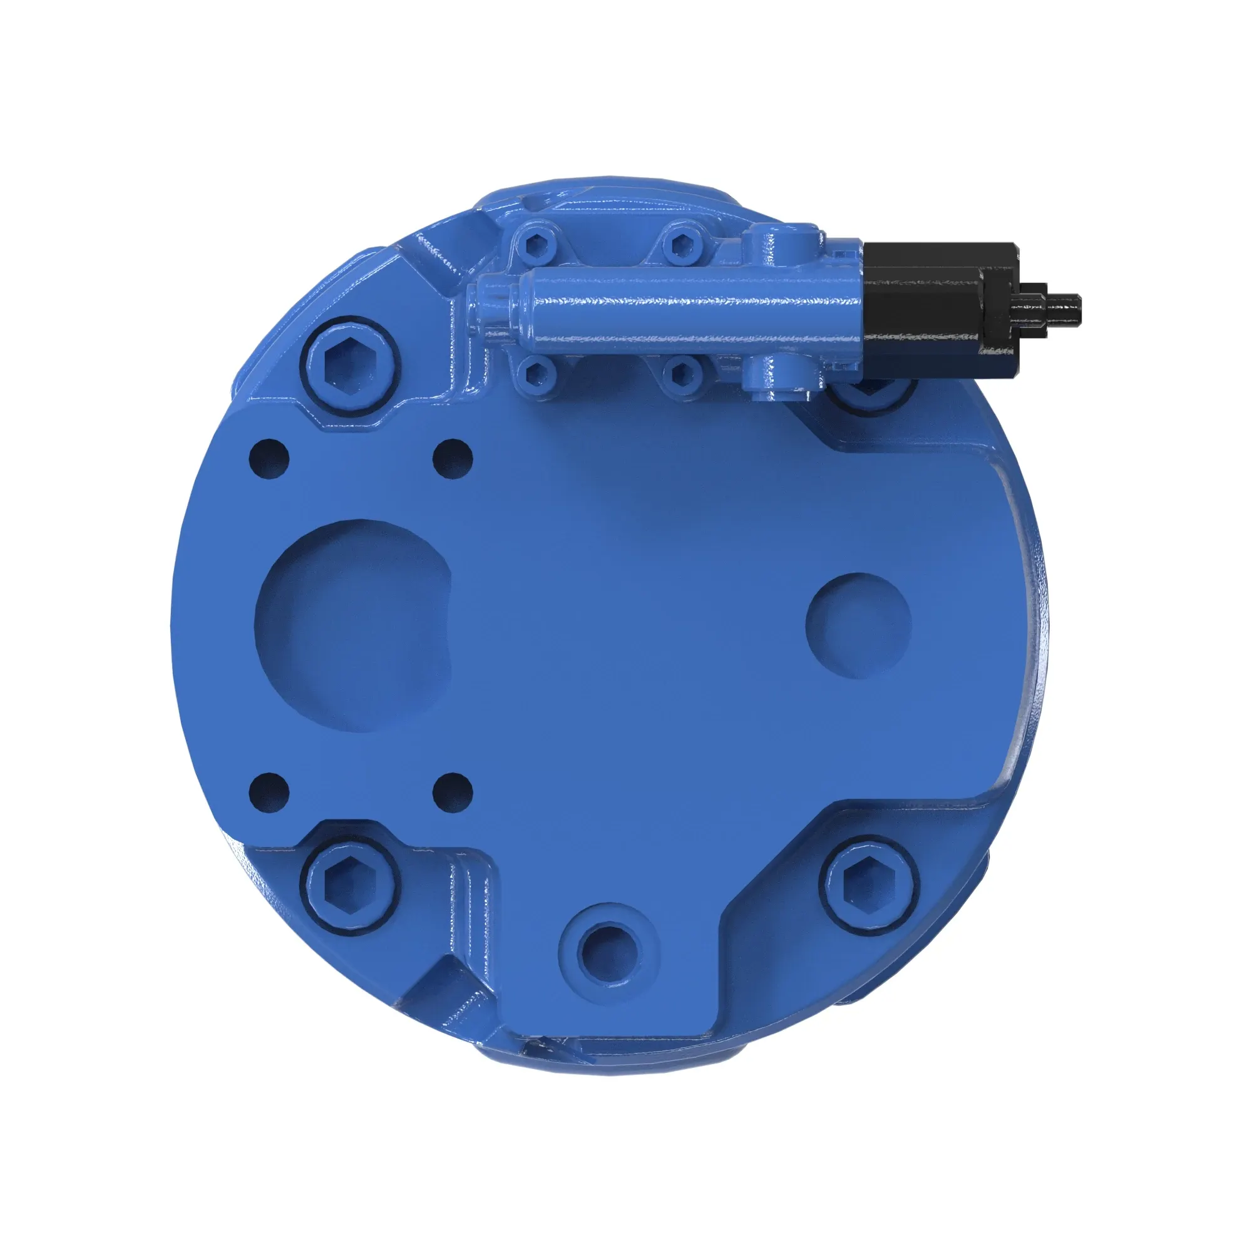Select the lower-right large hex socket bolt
pos(868,885)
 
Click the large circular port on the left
pos(353,625)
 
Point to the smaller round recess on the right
pos(858,625)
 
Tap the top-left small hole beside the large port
pos(269,459)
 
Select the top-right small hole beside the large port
pos(453,459)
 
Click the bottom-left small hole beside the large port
pos(269,792)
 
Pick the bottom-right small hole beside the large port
pos(453,792)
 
